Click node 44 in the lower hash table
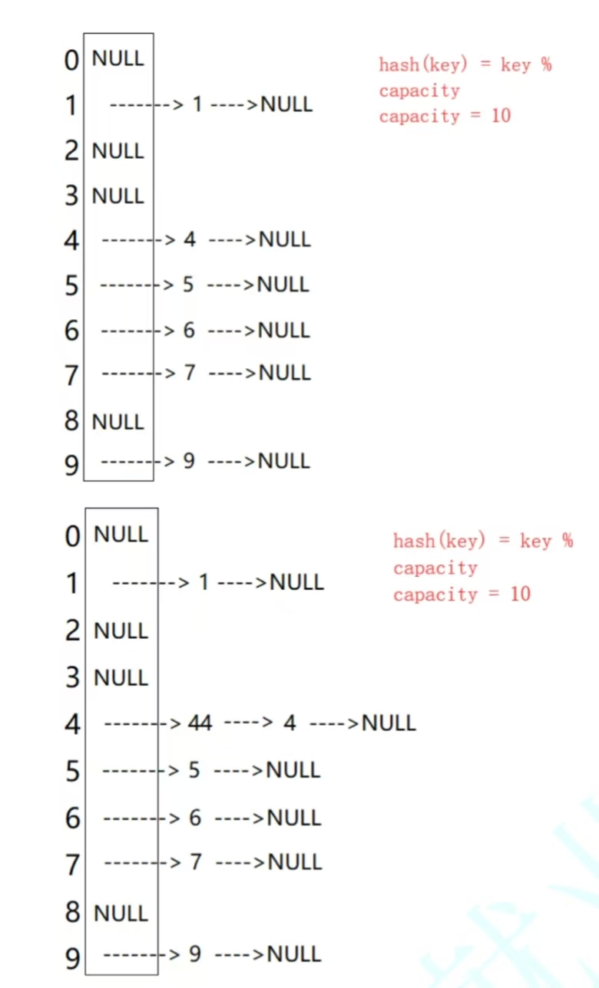tap(200, 723)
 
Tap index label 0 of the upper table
tap(71, 60)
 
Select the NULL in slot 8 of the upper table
tap(117, 421)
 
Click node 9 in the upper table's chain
tap(189, 461)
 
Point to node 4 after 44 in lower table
tap(290, 723)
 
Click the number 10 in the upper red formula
tap(501, 116)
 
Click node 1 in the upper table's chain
tap(197, 104)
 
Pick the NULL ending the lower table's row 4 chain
tap(389, 723)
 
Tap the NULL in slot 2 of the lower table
tap(121, 631)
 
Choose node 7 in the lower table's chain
tap(196, 862)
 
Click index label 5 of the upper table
tap(71, 286)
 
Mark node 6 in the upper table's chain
tap(189, 331)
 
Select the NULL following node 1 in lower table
tap(296, 582)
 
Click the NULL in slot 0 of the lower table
tap(121, 534)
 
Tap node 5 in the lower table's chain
tap(195, 769)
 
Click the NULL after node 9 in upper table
tap(283, 461)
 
